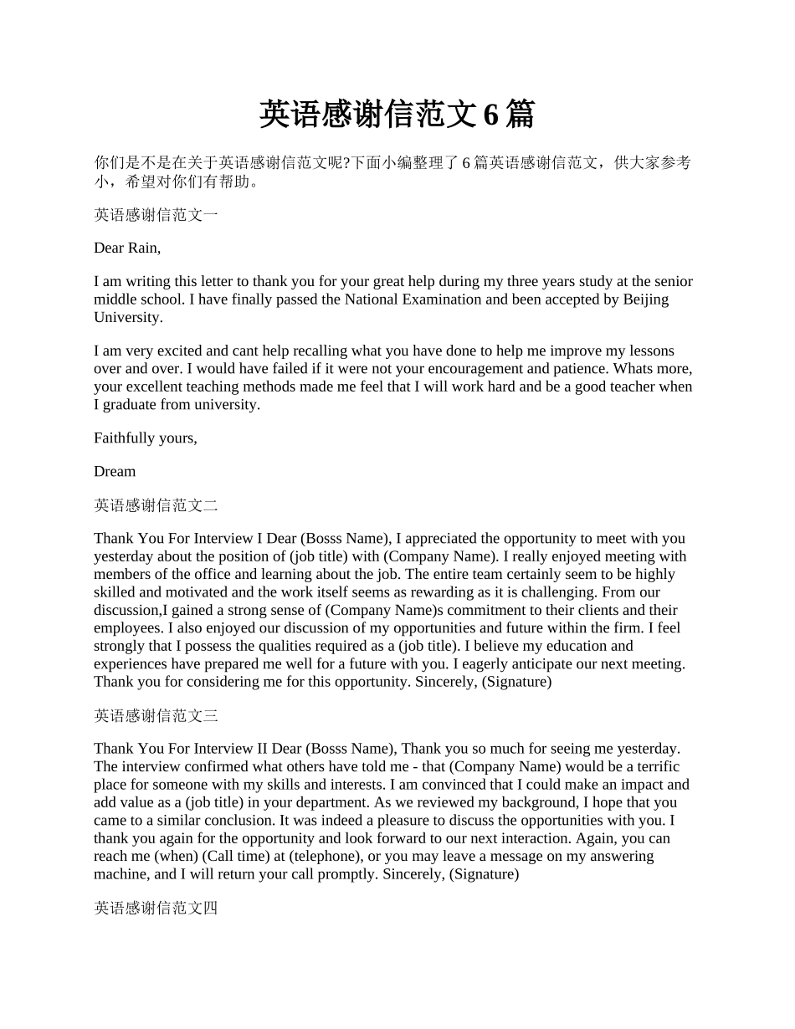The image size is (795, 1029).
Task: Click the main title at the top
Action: pos(397,115)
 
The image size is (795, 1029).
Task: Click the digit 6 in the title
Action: pos(491,115)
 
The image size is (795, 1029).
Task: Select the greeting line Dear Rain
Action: pos(127,248)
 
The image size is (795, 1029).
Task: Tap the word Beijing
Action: pos(646,299)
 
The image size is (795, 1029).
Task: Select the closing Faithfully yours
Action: pos(146,438)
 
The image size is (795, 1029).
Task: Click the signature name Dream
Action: pos(115,471)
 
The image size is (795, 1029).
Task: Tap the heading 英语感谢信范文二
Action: pos(156,505)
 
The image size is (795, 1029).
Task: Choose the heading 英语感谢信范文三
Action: pos(156,715)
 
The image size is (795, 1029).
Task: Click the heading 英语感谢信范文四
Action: pos(156,908)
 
